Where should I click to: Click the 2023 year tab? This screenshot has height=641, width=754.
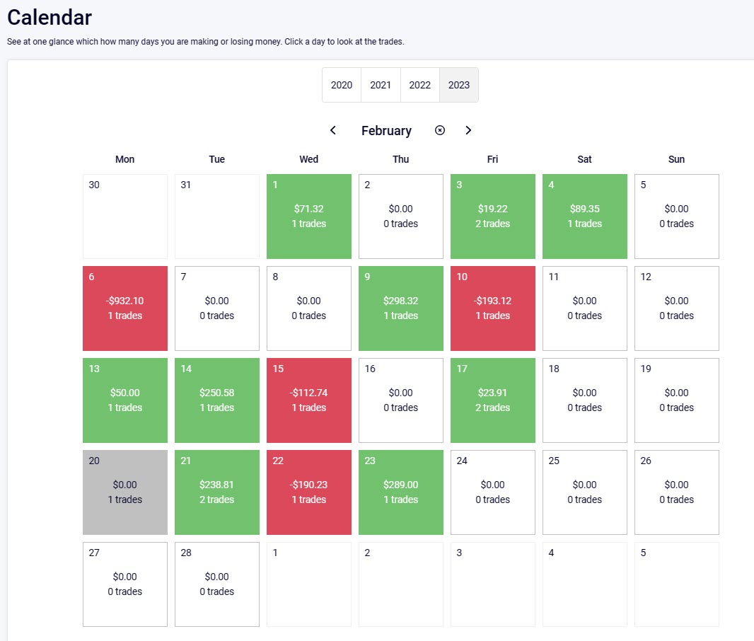pyautogui.click(x=458, y=85)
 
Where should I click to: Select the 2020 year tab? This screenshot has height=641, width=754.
pyautogui.click(x=341, y=85)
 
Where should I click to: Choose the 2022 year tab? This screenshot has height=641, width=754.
pyautogui.click(x=419, y=85)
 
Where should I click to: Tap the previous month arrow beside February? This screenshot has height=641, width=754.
pyautogui.click(x=333, y=130)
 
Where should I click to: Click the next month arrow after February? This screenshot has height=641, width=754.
pyautogui.click(x=468, y=130)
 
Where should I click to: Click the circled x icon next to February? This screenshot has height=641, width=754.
pyautogui.click(x=440, y=130)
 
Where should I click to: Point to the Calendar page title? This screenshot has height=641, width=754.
pyautogui.click(x=50, y=17)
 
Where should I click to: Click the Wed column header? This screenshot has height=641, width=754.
pyautogui.click(x=308, y=159)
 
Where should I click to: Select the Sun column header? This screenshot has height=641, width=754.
pyautogui.click(x=676, y=159)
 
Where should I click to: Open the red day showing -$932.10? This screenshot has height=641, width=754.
pyautogui.click(x=125, y=308)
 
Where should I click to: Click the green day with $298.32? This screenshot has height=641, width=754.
pyautogui.click(x=401, y=308)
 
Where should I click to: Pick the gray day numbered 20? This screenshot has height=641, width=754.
pyautogui.click(x=125, y=492)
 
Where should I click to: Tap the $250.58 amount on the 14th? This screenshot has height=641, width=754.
pyautogui.click(x=217, y=393)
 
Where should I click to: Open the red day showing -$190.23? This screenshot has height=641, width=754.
pyautogui.click(x=309, y=492)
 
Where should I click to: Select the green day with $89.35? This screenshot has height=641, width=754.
pyautogui.click(x=585, y=216)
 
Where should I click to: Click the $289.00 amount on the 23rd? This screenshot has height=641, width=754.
pyautogui.click(x=401, y=485)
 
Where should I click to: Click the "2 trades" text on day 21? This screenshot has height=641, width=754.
pyautogui.click(x=217, y=499)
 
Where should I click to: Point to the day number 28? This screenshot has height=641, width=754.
pyautogui.click(x=186, y=553)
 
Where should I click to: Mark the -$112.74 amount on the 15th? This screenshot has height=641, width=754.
pyautogui.click(x=309, y=393)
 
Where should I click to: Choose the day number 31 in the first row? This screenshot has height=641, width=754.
pyautogui.click(x=186, y=185)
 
